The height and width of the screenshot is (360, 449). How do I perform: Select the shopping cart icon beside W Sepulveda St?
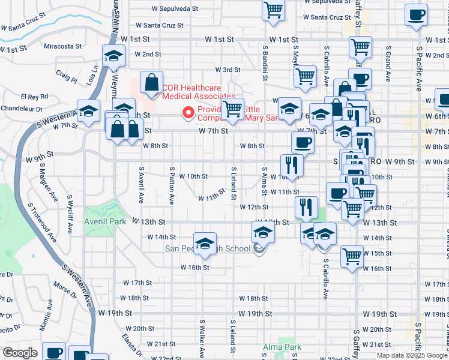point(273,10)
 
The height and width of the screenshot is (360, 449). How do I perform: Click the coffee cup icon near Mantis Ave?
point(53,352)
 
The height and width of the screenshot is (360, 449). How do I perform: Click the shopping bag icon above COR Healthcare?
point(152,83)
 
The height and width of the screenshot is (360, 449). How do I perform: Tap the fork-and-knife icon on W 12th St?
point(306,208)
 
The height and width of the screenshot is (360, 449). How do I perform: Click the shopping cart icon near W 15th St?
point(352,256)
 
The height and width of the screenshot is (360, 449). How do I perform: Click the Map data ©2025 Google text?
point(411,355)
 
